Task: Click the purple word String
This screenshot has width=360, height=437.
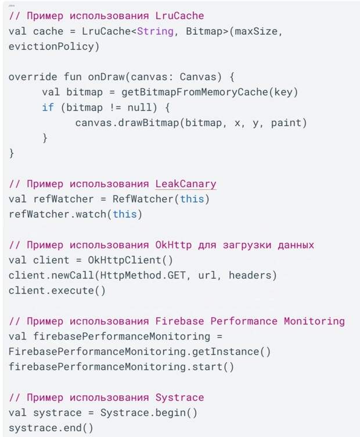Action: click(x=155, y=31)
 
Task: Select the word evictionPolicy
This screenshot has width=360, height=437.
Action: click(x=51, y=46)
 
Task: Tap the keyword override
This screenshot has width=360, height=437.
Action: click(x=33, y=77)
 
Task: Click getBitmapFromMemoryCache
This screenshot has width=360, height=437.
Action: click(x=195, y=92)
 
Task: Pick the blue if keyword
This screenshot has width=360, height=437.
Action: click(x=48, y=107)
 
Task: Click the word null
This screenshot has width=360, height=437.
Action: click(x=139, y=107)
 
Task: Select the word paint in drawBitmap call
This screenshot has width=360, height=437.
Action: click(x=286, y=123)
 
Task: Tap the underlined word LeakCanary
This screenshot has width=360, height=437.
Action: click(x=186, y=184)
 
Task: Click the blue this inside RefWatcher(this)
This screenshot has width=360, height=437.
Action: click(x=192, y=199)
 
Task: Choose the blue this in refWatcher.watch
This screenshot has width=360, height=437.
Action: click(x=125, y=214)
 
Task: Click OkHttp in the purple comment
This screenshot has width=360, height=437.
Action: click(x=174, y=245)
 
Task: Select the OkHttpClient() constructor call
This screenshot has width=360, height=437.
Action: click(x=130, y=260)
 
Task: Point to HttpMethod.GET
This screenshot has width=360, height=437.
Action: click(x=142, y=275)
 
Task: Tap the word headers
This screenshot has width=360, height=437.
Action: click(x=250, y=275)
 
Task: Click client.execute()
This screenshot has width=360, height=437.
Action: click(x=57, y=291)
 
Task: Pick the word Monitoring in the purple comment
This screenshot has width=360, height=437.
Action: click(x=314, y=322)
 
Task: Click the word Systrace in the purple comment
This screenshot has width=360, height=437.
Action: click(x=179, y=398)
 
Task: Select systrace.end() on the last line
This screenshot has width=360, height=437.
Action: click(x=51, y=428)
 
